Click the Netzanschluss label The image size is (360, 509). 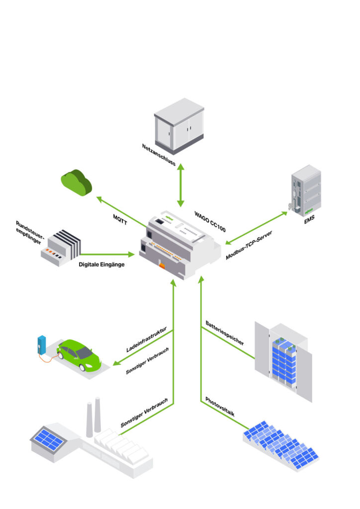pyautogui.click(x=159, y=154)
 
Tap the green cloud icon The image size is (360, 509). pyautogui.click(x=77, y=182)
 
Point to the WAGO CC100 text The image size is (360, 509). pyautogui.click(x=210, y=222)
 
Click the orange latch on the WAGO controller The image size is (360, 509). pyautogui.click(x=162, y=265)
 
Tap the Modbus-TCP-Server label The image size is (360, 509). pyautogui.click(x=252, y=245)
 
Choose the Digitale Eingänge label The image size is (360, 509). pyautogui.click(x=101, y=264)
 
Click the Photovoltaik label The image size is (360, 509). pyautogui.click(x=220, y=407)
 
